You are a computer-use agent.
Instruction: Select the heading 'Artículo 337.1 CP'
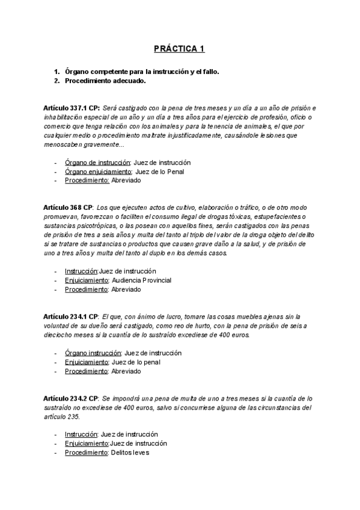(x=72, y=107)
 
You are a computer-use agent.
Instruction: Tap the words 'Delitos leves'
(x=130, y=452)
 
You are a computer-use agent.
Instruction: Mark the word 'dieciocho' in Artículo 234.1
(x=58, y=335)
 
